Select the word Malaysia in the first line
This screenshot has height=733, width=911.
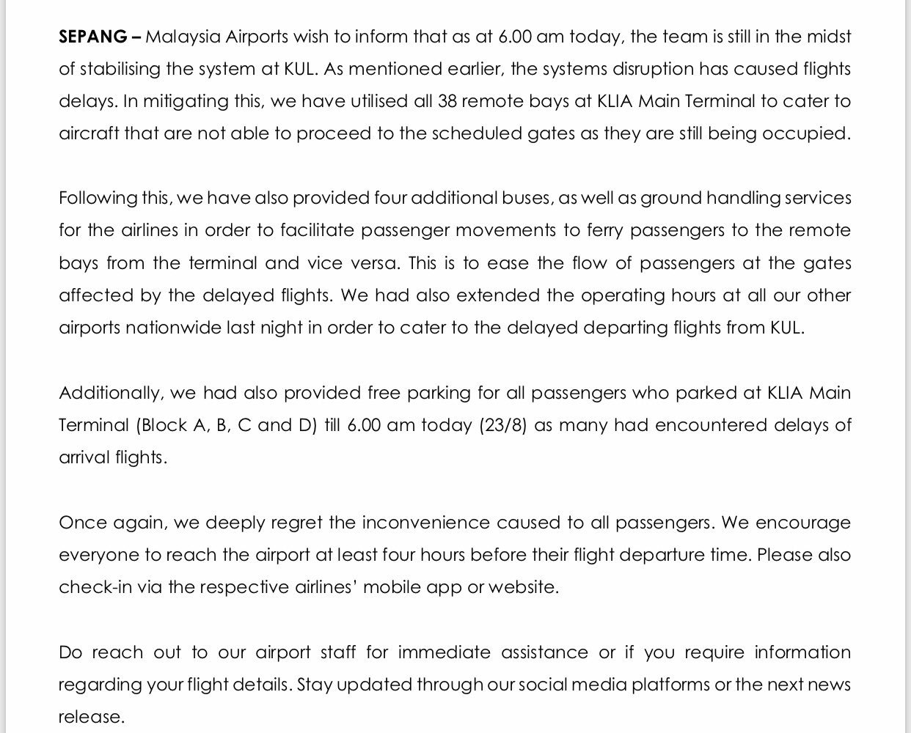[x=180, y=37]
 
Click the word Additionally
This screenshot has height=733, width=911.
[x=110, y=393]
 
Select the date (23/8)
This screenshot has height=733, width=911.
[x=503, y=425]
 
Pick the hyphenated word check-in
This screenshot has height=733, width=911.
[x=90, y=587]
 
